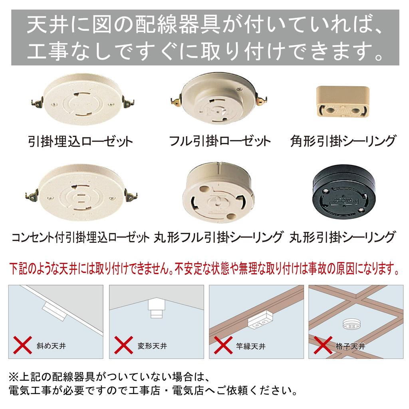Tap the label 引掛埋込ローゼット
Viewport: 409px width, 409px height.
[81, 141]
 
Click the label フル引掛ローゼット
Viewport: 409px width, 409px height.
[219, 141]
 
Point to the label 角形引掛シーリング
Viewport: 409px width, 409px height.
[343, 141]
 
